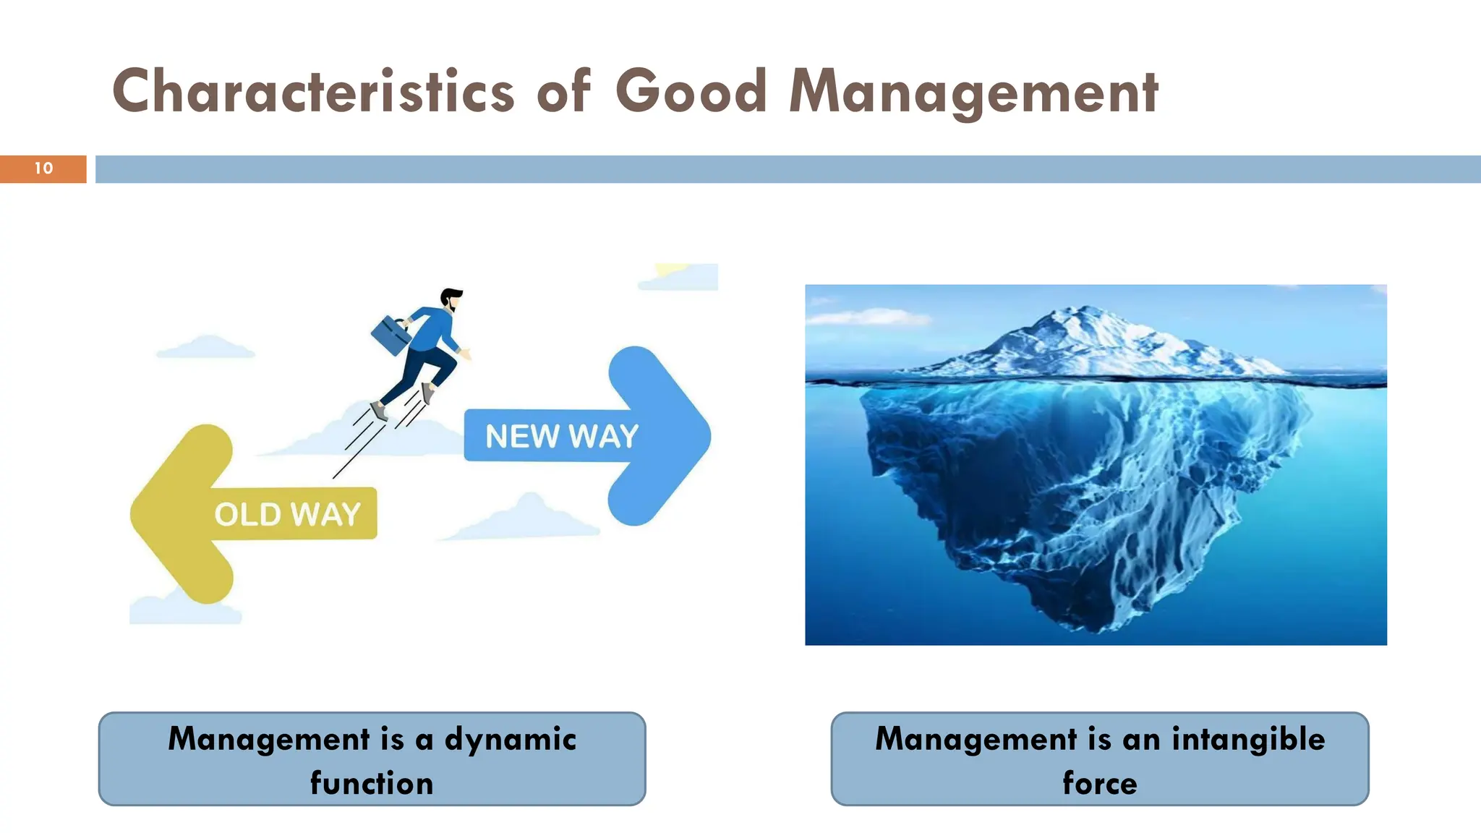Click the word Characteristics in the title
312,93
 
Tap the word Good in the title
691,93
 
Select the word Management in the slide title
973,93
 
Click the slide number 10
43,168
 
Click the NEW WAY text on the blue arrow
561,436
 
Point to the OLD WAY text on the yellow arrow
287,514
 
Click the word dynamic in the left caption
510,739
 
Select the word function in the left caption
372,783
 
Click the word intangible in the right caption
1248,739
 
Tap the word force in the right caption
1099,783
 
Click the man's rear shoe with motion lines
378,411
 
